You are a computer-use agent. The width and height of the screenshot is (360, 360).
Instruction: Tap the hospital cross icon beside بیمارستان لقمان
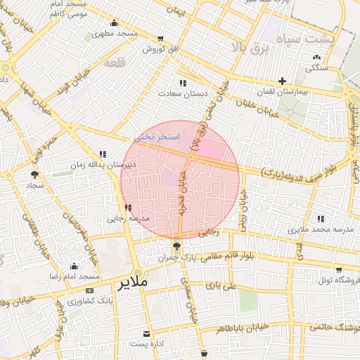282,81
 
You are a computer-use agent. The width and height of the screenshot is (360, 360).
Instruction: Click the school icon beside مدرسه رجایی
127,207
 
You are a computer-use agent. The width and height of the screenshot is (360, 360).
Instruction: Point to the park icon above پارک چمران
176,246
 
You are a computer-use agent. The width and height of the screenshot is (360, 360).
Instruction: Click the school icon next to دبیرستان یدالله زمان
103,153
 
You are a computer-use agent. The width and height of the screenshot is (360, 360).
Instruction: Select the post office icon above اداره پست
146,333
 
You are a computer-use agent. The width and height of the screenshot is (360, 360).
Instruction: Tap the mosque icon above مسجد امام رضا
74,266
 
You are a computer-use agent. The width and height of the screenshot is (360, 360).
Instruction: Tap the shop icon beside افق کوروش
161,39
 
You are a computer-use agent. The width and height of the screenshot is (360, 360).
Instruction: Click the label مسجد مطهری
116,33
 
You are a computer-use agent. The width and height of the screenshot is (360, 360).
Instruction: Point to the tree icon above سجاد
34,174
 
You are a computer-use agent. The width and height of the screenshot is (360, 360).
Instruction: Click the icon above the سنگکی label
316,57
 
